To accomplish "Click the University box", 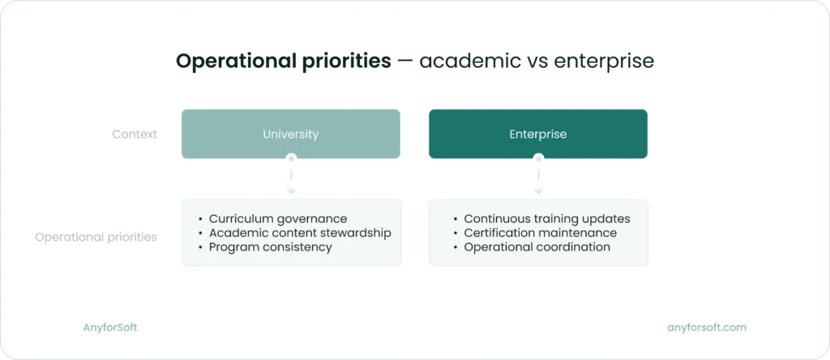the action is tap(291, 134).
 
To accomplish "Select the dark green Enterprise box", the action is tap(538, 134).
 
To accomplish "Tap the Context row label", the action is tap(135, 135).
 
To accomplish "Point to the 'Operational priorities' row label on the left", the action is tap(96, 238).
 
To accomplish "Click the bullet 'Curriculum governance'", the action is tap(278, 219).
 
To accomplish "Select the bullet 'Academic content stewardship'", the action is tap(300, 233).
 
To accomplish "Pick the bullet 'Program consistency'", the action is tap(271, 247).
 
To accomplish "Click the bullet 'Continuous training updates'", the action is tap(547, 219).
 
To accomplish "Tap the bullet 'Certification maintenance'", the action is tap(541, 233).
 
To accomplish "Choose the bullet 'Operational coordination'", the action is tap(537, 247).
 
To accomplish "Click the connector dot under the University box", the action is tap(291, 158).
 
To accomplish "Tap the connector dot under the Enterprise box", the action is tap(538, 158).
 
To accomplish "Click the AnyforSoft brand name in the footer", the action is tap(110, 328).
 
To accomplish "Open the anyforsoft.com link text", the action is tap(707, 328).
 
